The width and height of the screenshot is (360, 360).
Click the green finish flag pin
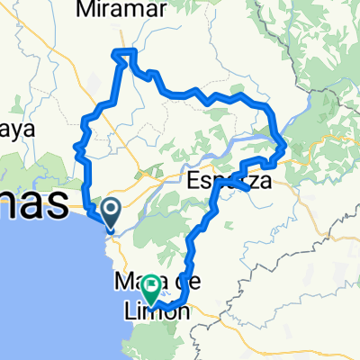(x=150, y=288)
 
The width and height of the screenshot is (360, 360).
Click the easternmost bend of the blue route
(x=284, y=144)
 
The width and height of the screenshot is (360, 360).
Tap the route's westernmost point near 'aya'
(x=76, y=144)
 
